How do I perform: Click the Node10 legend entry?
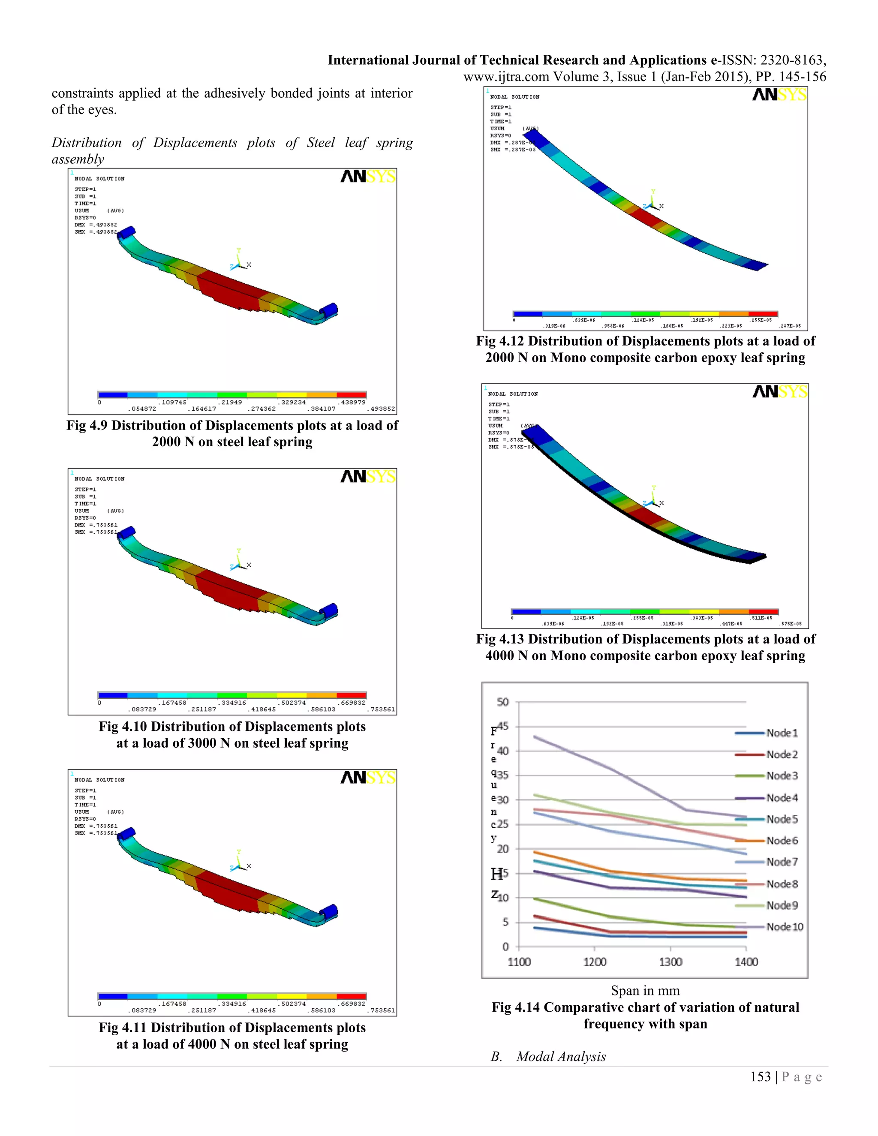(785, 927)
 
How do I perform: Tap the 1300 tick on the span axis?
(671, 962)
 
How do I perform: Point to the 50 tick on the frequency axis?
(502, 702)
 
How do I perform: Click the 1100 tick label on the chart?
(519, 962)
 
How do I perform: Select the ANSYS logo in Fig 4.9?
(368, 177)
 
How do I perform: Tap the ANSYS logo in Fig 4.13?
(780, 392)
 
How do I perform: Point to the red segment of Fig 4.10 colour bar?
(352, 695)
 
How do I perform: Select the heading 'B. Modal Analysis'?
(548, 1056)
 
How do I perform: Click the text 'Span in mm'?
(645, 990)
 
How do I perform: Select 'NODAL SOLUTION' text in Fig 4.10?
(99, 478)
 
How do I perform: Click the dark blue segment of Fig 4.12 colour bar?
(527, 314)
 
